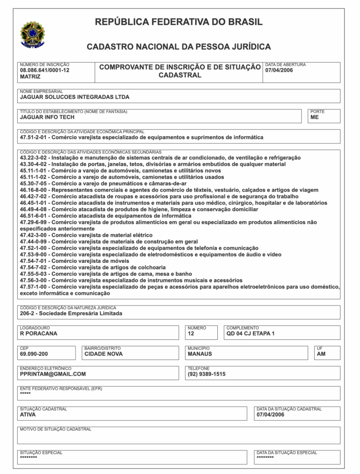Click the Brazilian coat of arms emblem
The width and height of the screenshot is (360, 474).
pyautogui.click(x=32, y=34)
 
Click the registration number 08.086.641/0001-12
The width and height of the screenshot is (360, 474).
pyautogui.click(x=44, y=70)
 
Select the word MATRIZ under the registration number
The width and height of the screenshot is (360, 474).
pyautogui.click(x=30, y=77)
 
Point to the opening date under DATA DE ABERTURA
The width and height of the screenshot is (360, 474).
pyautogui.click(x=279, y=70)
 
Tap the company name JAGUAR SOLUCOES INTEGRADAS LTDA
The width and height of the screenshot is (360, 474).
pyautogui.click(x=75, y=97)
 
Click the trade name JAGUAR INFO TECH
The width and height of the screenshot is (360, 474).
pyautogui.click(x=47, y=118)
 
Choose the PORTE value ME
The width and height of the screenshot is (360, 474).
pyautogui.click(x=315, y=118)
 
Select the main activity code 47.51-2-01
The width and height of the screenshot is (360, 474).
pyautogui.click(x=34, y=137)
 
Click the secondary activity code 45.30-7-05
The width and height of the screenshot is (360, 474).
pyautogui.click(x=34, y=183)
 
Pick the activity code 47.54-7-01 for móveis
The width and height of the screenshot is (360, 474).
pyautogui.click(x=34, y=261)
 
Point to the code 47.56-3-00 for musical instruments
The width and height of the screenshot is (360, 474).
pyautogui.click(x=34, y=281)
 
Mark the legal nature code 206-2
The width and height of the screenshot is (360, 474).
pyautogui.click(x=27, y=313)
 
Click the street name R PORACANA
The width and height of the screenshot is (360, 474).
pyautogui.click(x=38, y=334)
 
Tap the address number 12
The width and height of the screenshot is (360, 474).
pyautogui.click(x=191, y=334)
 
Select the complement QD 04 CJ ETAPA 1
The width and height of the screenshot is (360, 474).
pyautogui.click(x=250, y=334)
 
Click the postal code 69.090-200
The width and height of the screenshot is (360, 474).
pyautogui.click(x=34, y=354)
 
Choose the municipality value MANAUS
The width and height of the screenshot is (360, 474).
pyautogui.click(x=200, y=354)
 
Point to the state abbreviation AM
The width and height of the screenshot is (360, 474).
pyautogui.click(x=321, y=354)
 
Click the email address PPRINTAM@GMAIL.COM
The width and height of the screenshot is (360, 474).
pyautogui.click(x=53, y=374)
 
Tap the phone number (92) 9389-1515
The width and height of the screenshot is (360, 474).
pyautogui.click(x=207, y=374)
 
